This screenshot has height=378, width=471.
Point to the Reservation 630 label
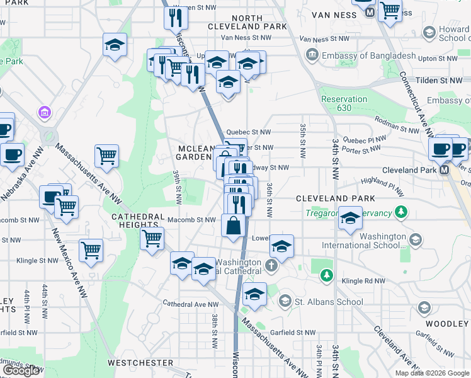344,104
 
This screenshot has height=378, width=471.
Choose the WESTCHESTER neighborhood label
140,363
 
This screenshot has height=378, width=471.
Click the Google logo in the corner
21,370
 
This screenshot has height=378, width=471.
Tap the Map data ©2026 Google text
432,373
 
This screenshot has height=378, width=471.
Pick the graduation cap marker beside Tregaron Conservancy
351,218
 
